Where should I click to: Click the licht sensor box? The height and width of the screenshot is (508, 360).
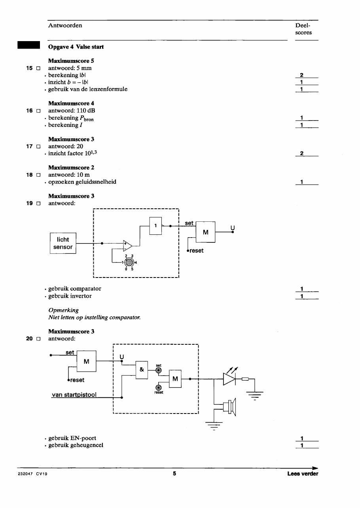[x=63, y=243]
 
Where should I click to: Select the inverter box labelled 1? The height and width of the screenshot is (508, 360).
[x=155, y=226]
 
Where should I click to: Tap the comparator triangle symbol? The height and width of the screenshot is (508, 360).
[x=127, y=246]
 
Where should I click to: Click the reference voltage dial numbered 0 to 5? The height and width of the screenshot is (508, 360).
[x=129, y=262]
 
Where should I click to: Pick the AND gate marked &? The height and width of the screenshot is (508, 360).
[x=142, y=370]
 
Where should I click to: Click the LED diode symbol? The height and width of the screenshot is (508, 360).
[x=229, y=379]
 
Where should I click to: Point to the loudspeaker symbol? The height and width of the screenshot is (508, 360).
[x=229, y=407]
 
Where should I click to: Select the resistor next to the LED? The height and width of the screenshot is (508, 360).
[x=245, y=379]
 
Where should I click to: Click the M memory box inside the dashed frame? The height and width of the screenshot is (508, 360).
[x=175, y=379]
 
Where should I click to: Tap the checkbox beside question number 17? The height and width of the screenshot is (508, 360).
[x=38, y=147]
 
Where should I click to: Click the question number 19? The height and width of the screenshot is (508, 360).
[x=30, y=203]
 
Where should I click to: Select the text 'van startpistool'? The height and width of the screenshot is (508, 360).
[x=74, y=395]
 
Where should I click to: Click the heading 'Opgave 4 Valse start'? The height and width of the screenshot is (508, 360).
[x=76, y=47]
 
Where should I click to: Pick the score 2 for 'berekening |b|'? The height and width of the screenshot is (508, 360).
[x=302, y=75]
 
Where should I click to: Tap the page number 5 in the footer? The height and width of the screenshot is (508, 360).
[x=174, y=473]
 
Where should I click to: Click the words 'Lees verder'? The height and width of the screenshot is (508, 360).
[x=303, y=474]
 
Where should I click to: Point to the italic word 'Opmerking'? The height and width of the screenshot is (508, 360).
[x=64, y=310]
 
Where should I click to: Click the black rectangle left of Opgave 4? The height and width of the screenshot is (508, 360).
[x=28, y=45]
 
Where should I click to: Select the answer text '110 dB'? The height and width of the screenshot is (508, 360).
[x=86, y=110]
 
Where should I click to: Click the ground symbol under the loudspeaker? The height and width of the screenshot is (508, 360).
[x=214, y=426]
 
